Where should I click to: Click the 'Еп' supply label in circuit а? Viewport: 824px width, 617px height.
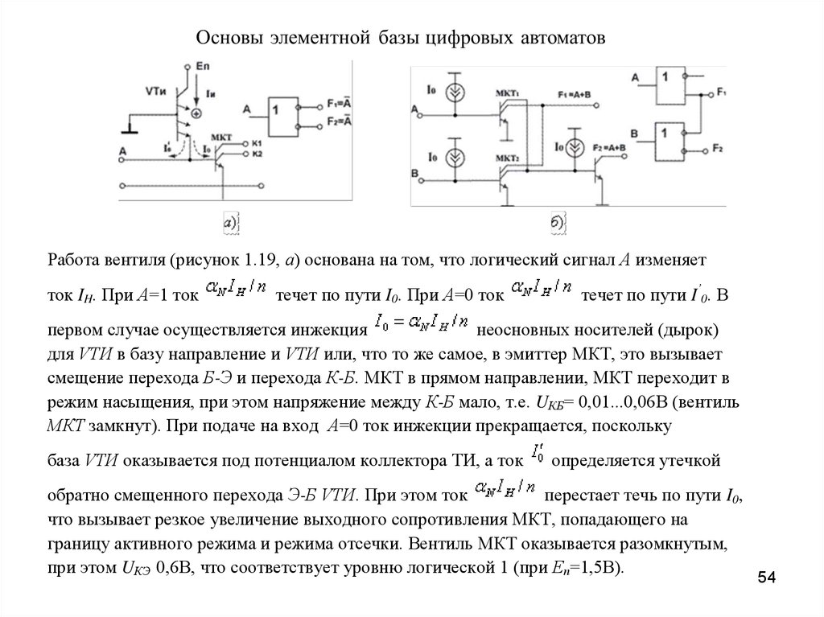click(x=203, y=64)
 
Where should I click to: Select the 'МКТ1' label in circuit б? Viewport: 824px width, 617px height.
click(x=509, y=94)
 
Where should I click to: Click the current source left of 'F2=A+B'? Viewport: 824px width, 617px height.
click(x=575, y=149)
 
